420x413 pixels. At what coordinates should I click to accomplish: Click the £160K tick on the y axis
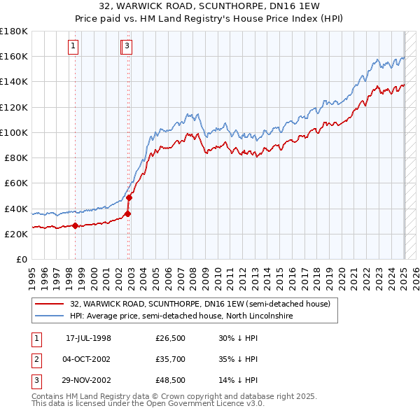coord(15,56)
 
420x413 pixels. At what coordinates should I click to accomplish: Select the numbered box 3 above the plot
coord(127,46)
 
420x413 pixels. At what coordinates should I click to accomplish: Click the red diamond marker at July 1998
coord(75,225)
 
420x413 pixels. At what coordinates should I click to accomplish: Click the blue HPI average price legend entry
coord(180,316)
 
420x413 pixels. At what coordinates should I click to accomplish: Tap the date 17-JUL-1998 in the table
coord(88,338)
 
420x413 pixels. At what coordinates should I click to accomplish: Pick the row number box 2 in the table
coord(36,359)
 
